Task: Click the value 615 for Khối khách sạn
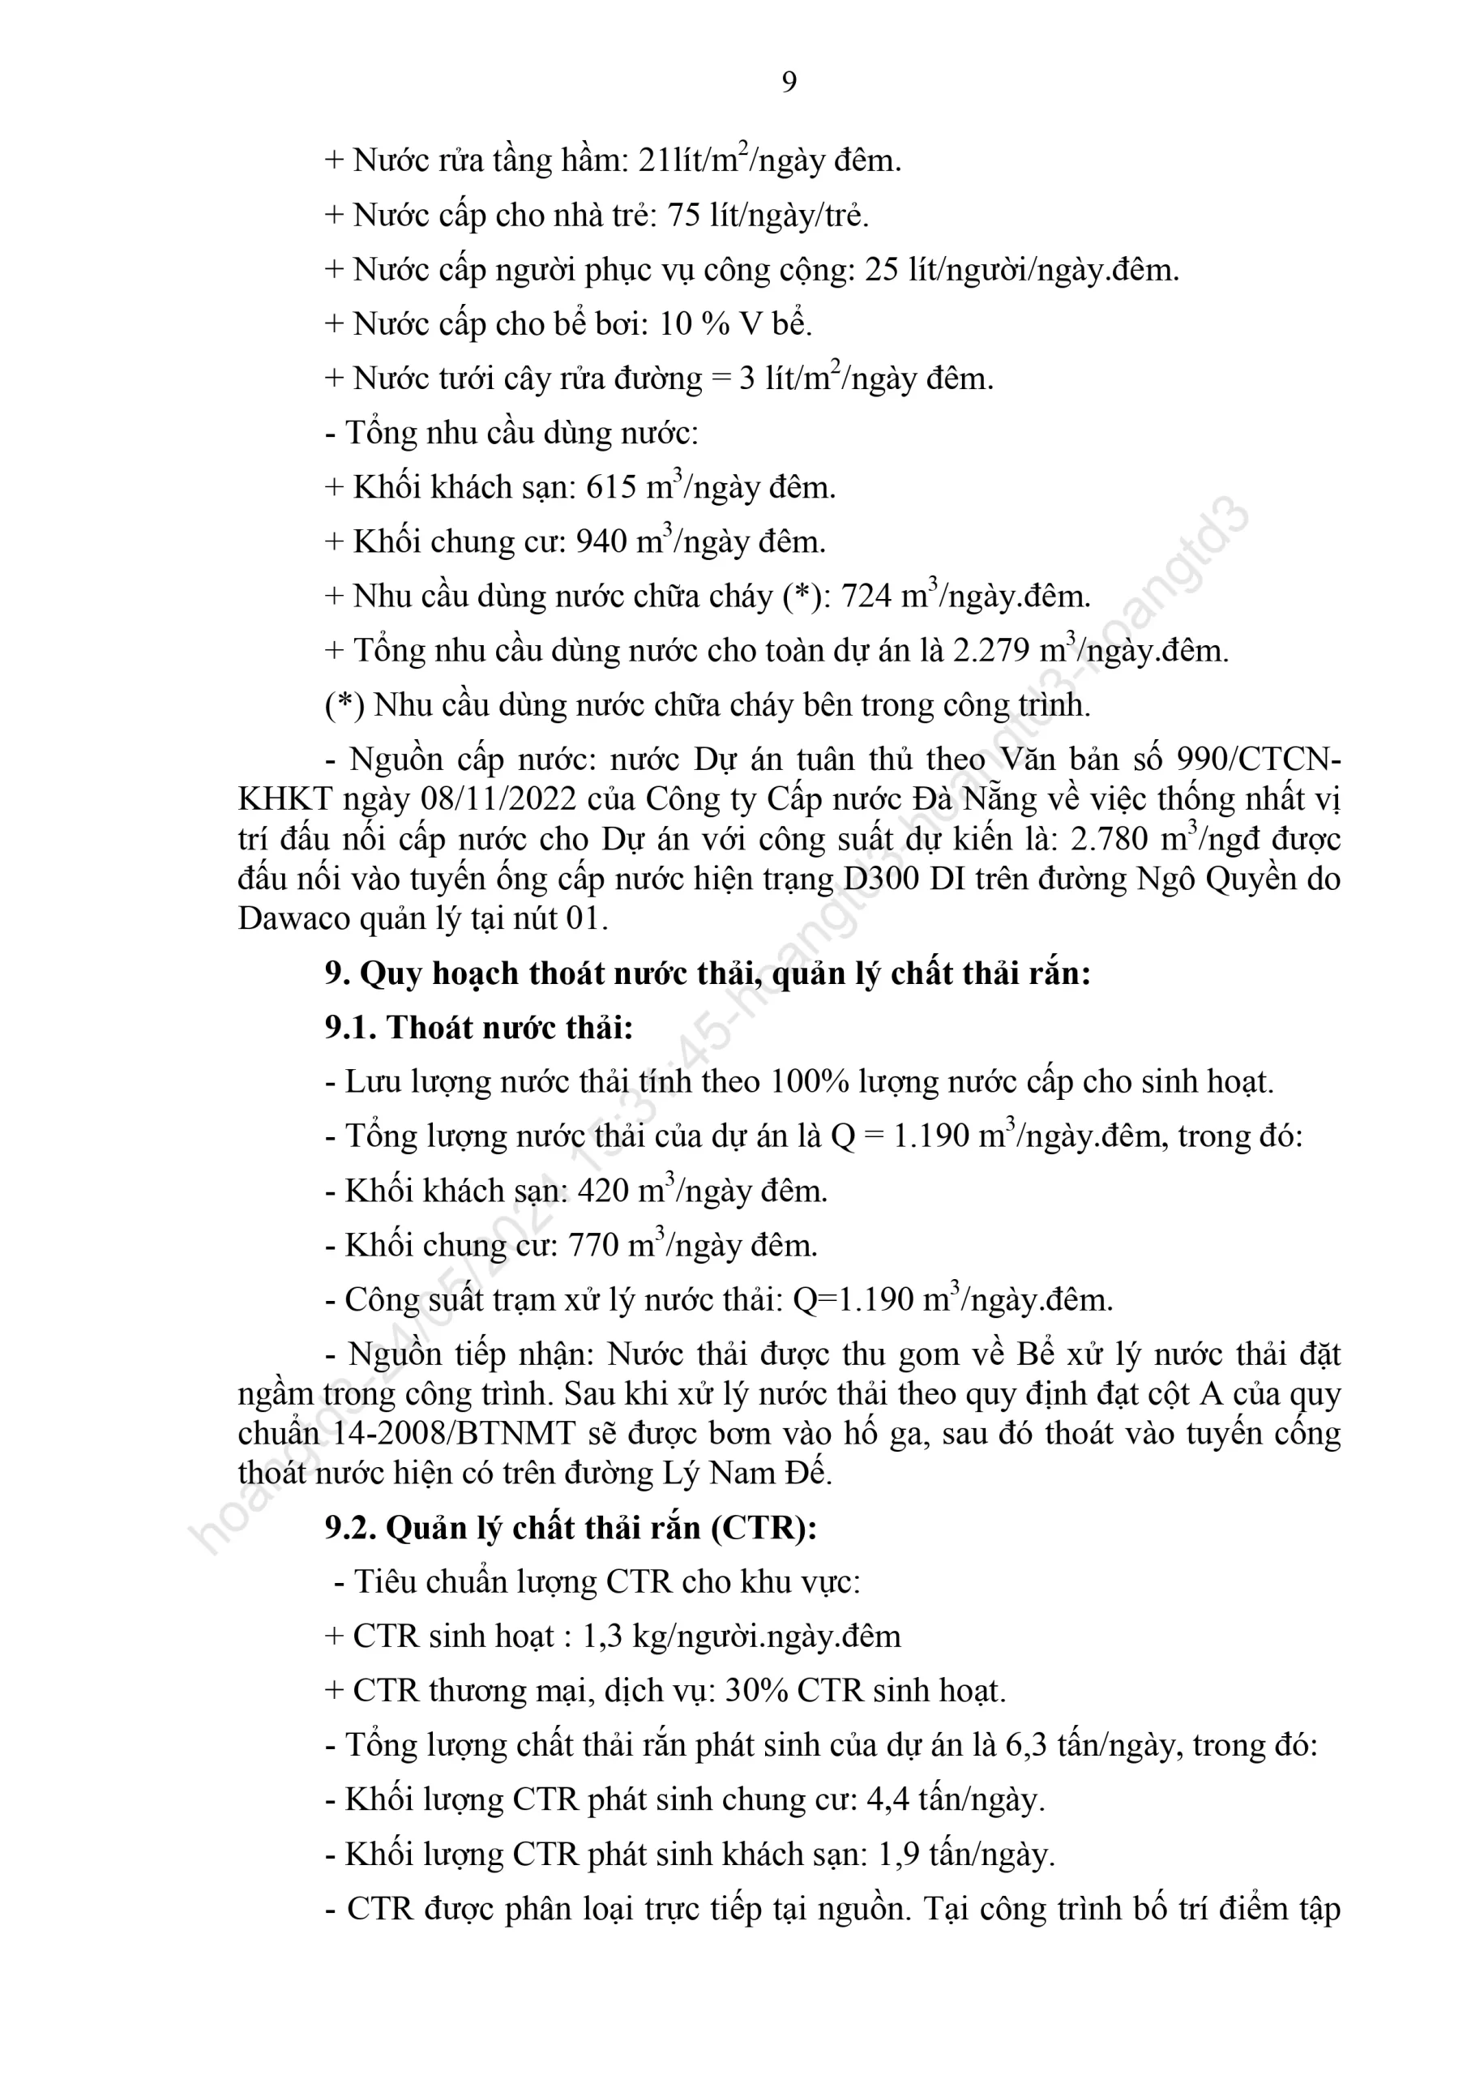[612, 488]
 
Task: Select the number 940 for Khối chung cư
[601, 542]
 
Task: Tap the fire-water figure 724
[866, 597]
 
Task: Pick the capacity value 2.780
[1109, 840]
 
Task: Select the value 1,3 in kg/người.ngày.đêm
[603, 1636]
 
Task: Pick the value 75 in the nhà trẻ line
[684, 216]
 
